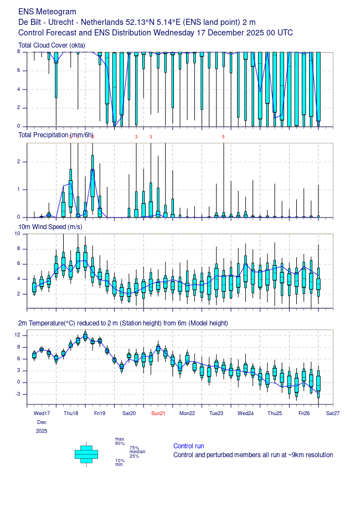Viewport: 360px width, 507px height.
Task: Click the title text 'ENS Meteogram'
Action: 47,12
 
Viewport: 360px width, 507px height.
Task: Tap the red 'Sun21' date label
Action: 158,413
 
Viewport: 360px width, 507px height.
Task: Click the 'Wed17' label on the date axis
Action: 42,413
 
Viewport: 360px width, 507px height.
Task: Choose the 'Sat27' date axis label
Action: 333,413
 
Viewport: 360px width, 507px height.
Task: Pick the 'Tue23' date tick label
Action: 216,413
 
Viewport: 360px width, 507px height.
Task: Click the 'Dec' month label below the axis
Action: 42,422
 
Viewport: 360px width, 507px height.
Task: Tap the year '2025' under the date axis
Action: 42,431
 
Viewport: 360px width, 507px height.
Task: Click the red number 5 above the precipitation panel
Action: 223,136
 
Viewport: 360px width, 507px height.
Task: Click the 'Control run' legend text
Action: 188,446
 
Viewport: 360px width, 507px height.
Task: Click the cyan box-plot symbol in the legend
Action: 86,454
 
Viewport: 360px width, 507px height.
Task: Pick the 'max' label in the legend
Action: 119,439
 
